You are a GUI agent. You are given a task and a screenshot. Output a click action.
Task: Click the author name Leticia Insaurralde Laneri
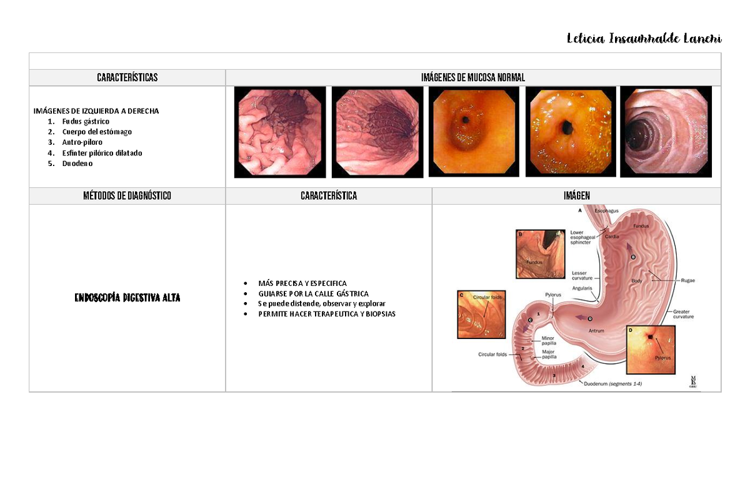(644, 39)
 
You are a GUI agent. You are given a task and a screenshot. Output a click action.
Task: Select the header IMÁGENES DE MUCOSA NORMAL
(472, 77)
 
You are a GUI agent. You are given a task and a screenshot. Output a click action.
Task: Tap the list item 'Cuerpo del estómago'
(97, 132)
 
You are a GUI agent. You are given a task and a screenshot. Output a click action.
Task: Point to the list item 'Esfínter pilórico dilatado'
(102, 153)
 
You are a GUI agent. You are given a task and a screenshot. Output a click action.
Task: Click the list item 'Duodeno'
(77, 164)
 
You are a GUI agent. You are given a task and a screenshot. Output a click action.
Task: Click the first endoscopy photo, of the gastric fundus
(280, 132)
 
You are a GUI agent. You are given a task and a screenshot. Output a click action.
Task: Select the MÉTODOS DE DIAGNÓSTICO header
(127, 196)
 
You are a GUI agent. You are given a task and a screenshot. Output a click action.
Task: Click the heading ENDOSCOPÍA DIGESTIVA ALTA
(127, 298)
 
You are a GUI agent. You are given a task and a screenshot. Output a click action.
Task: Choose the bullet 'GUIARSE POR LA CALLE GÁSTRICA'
(313, 293)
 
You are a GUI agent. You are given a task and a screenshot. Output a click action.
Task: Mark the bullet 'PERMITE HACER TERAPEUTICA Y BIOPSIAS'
(326, 314)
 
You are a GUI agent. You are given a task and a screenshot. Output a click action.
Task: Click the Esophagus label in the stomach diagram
(606, 211)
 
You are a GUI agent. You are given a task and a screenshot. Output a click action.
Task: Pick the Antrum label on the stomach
(596, 330)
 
